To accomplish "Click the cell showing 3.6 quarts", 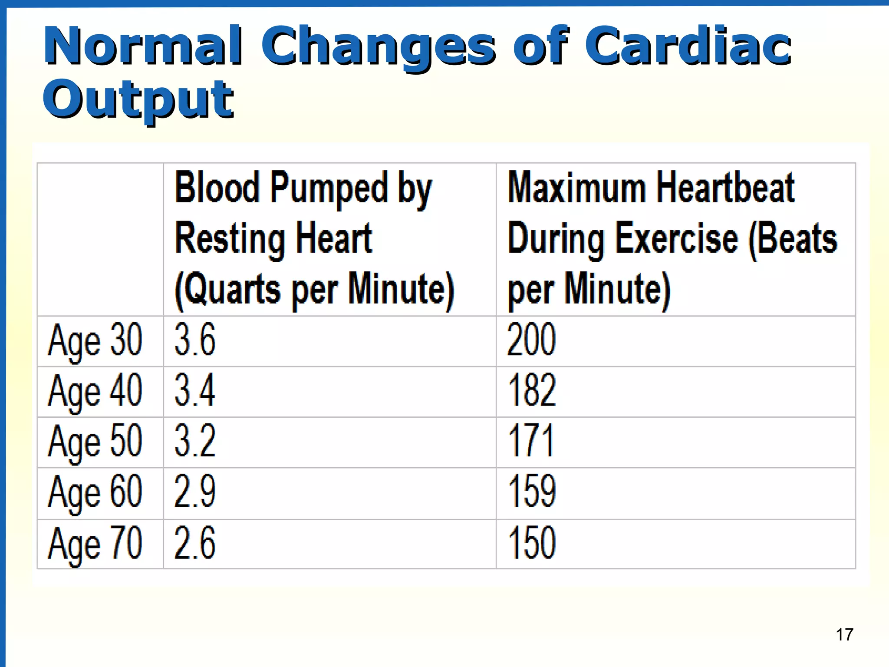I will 195,340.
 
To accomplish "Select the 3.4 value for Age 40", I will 195,390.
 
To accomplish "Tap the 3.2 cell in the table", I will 195,441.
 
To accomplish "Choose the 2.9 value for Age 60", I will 195,492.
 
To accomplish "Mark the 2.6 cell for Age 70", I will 195,543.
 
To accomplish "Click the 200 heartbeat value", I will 531,340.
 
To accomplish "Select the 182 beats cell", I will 532,390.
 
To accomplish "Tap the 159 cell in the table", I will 532,492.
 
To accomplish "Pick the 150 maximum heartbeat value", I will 532,543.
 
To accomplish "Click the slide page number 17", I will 844,635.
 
